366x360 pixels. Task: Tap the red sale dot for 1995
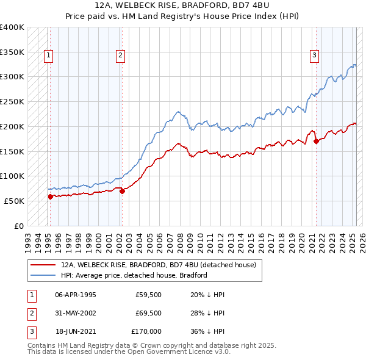[x=50, y=196]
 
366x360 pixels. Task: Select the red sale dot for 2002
[x=123, y=191]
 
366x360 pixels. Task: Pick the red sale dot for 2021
[x=316, y=141]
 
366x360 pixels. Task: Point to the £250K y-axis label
[x=12, y=101]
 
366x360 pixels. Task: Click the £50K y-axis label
[x=14, y=201]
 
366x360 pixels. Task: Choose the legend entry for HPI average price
[x=134, y=275]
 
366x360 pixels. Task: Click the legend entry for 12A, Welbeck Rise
[x=162, y=265]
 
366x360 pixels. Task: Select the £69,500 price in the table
[x=149, y=313]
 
